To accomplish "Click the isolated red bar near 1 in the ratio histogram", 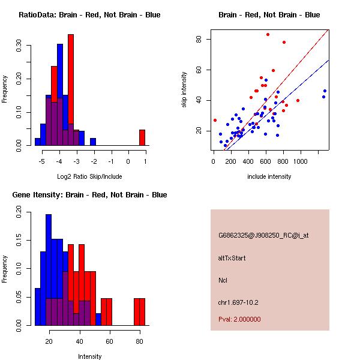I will pos(142,137).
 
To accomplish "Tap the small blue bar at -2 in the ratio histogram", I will pos(93,142).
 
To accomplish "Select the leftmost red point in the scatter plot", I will pos(215,120).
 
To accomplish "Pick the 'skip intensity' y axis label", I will pos(184,89).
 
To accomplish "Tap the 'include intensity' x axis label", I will pos(269,176).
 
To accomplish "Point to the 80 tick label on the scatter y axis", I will pos(197,39).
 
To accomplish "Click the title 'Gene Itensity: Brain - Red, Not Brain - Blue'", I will pos(89,195).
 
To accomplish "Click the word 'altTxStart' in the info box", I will pos(232,258).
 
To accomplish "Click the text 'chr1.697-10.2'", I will pos(238,302).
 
